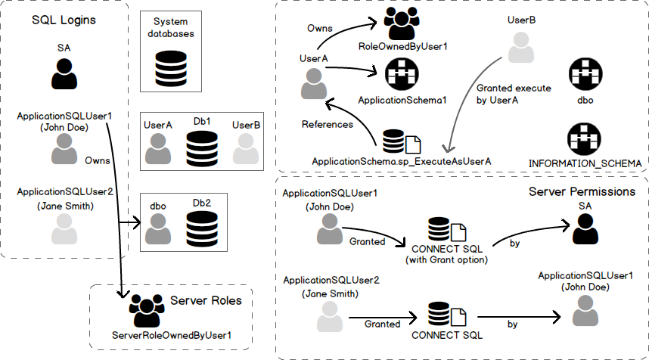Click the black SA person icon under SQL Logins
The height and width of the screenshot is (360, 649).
(64, 74)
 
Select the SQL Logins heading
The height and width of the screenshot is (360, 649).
(64, 20)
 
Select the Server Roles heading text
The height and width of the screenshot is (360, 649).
(206, 300)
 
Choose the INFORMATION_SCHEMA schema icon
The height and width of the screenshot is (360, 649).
(585, 139)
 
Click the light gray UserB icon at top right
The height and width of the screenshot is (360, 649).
(521, 48)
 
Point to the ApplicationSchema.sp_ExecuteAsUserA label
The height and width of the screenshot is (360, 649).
(402, 161)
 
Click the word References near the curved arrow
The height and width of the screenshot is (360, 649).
(327, 124)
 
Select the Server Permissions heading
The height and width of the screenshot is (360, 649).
(582, 191)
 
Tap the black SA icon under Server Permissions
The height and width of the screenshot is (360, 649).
(585, 228)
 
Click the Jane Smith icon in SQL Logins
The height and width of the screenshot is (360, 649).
(64, 228)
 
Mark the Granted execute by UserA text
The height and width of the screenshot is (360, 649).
(497, 94)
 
